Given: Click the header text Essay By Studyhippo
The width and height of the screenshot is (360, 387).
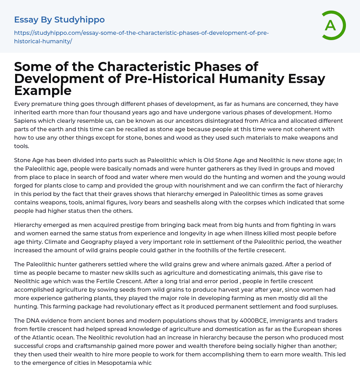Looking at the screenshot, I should (x=59, y=20).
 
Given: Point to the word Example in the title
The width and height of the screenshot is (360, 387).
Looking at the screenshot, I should (x=43, y=90).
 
